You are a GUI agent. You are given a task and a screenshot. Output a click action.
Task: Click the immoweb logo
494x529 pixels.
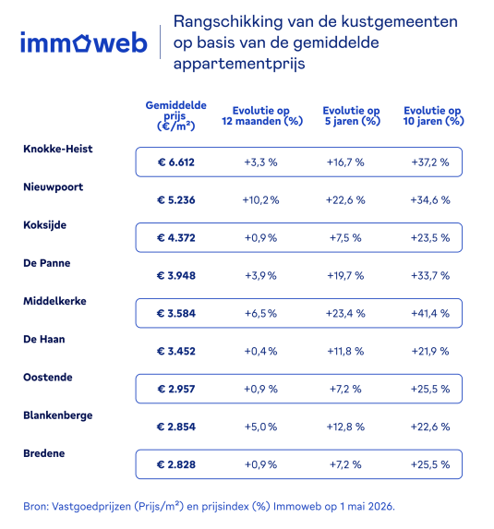tap(84, 42)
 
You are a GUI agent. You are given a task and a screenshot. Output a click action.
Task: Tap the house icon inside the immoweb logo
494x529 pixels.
tap(82, 42)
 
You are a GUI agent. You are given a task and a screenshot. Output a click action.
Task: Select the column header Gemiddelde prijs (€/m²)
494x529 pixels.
tap(175, 115)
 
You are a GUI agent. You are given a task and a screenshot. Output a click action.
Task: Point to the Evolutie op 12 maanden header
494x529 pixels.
tap(262, 115)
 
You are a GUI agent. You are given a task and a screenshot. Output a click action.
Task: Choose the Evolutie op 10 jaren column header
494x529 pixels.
tap(433, 115)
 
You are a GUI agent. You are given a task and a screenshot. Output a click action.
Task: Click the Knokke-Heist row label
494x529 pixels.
tap(57, 149)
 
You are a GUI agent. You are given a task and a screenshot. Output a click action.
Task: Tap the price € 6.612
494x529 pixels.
tap(175, 162)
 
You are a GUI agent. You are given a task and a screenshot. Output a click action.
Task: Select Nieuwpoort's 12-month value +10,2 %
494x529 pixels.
tap(260, 200)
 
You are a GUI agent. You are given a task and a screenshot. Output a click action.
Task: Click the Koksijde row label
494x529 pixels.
tap(44, 225)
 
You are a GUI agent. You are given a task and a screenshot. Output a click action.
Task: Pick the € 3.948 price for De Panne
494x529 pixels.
tap(175, 276)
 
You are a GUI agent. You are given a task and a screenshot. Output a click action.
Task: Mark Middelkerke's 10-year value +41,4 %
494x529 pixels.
tap(430, 313)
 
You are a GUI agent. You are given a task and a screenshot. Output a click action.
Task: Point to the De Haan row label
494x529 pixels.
tap(44, 339)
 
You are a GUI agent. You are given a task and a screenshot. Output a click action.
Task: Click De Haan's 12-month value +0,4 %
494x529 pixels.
tap(260, 351)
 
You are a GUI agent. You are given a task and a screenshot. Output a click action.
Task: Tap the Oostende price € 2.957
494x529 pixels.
tap(175, 389)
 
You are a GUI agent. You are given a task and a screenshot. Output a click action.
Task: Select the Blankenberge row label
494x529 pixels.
tap(57, 415)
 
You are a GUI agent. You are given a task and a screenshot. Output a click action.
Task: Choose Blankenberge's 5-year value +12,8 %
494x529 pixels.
tap(345, 427)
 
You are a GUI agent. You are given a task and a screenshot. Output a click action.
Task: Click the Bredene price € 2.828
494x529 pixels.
tap(175, 464)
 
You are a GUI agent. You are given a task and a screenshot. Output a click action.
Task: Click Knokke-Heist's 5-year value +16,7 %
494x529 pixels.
tap(345, 162)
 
